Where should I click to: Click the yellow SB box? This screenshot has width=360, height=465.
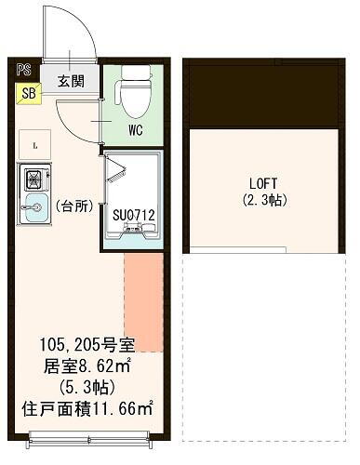click(x=28, y=93)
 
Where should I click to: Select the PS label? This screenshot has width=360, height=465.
click(x=22, y=67)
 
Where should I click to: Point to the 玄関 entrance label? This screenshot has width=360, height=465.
click(x=72, y=82)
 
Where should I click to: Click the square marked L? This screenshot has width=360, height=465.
click(x=33, y=145)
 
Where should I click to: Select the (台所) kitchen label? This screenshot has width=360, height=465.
click(x=73, y=206)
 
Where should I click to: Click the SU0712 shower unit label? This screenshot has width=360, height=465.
click(x=134, y=216)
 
